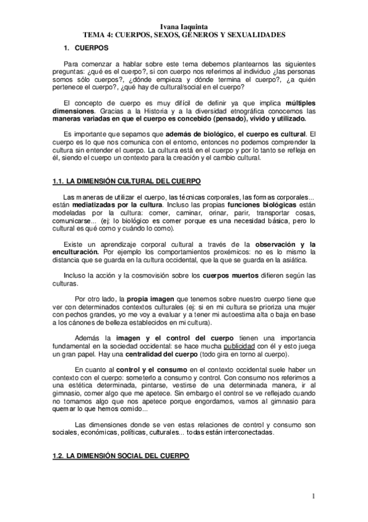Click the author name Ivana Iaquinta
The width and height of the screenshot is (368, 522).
tap(184, 28)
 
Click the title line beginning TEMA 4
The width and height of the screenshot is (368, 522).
tap(184, 36)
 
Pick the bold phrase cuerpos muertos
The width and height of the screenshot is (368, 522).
tap(230, 276)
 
